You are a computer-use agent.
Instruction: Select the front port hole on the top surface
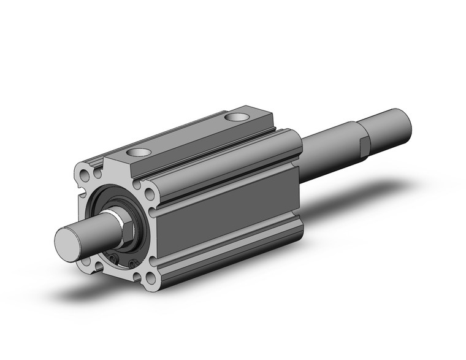[139, 151]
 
